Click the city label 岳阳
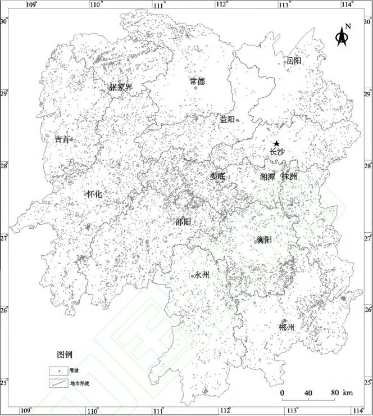pos(294,60)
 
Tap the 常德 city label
pos(197,81)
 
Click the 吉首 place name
pos(62,139)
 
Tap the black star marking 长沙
pos(276,144)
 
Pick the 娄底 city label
pos(217,176)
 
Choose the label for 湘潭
pos(267,177)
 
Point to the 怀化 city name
pos(94,194)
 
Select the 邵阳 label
pos(183,221)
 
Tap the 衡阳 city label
pos(264,239)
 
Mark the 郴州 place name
pos(286,327)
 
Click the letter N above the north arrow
pos(348,26)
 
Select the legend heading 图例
pos(65,355)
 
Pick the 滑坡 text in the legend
pos(74,371)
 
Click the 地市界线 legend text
pos(79,383)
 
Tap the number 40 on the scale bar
pos(308,392)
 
